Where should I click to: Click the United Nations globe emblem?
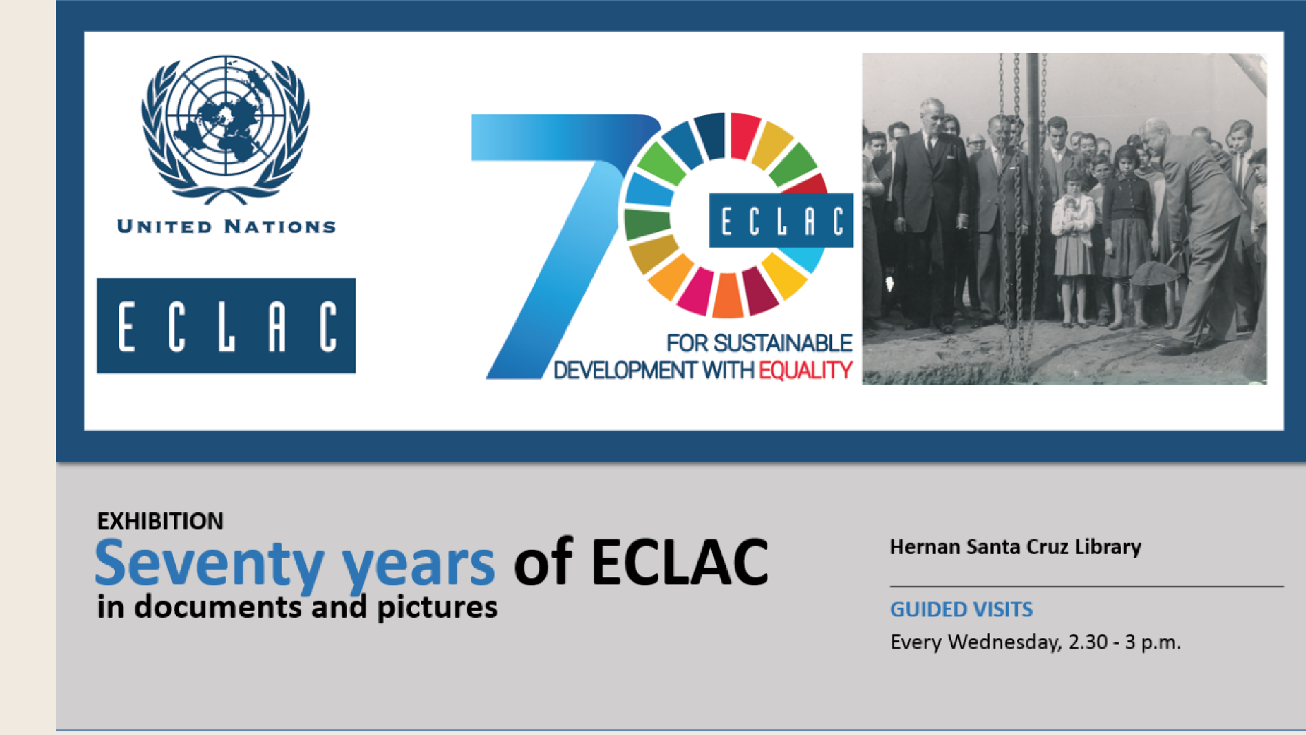point(226,130)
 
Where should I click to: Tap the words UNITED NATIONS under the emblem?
point(227,226)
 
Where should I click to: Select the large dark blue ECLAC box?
point(226,326)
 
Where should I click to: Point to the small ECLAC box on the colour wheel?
point(781,220)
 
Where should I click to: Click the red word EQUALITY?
point(805,370)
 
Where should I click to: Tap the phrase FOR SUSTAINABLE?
point(759,343)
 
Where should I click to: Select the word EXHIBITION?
point(160,521)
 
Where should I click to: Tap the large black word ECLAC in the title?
point(680,562)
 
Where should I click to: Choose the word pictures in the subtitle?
point(437,608)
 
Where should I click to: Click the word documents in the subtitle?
point(218,607)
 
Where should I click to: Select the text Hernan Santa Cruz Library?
point(1015,547)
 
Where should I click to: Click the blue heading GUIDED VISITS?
point(961,610)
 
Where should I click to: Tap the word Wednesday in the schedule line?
point(1005,642)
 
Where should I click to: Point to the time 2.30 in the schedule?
point(1088,642)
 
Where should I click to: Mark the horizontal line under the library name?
point(1087,586)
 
